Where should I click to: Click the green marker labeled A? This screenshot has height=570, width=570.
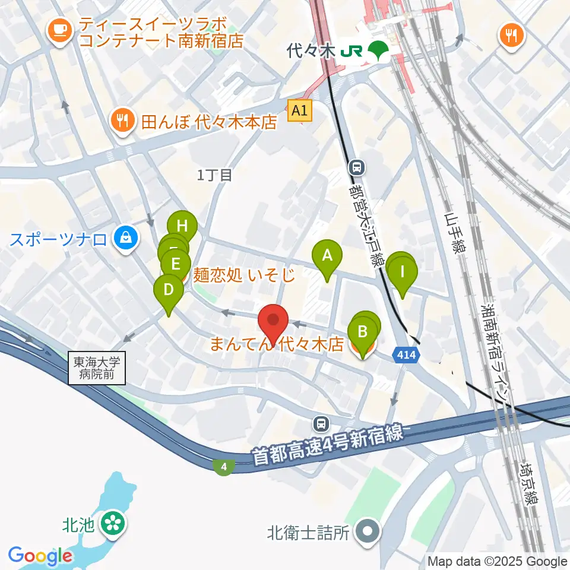[x=327, y=256]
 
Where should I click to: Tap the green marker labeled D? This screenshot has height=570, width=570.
[x=169, y=290]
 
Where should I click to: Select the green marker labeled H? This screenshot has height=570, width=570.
[x=182, y=226]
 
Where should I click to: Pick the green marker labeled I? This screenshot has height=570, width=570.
[x=403, y=272]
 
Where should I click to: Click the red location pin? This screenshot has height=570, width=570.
[x=274, y=321]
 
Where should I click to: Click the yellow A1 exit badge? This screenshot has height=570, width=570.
[x=299, y=110]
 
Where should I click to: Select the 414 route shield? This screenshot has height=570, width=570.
[x=407, y=355]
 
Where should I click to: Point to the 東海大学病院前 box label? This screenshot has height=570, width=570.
[x=97, y=368]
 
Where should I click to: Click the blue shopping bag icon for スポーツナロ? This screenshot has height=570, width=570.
[x=126, y=239]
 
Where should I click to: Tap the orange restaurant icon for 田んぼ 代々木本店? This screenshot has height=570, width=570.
[x=122, y=121]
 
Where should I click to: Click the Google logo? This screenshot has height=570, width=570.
[x=40, y=556]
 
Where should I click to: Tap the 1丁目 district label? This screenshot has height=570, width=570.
[x=214, y=175]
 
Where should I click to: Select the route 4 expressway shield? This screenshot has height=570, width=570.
[x=223, y=467]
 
